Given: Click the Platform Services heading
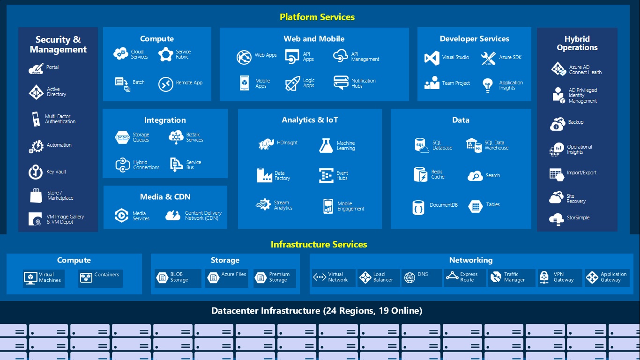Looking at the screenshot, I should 317,17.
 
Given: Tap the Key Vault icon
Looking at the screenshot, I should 36,172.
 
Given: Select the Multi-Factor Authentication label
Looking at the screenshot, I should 60,119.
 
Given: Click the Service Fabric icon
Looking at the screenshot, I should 166,55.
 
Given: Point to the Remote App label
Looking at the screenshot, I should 189,83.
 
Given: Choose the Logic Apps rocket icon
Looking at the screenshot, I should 292,83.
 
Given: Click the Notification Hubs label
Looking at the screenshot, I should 363,83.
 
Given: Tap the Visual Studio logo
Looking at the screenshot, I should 432,58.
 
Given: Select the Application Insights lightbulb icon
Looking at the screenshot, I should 488,85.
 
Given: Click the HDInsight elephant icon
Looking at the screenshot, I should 266,143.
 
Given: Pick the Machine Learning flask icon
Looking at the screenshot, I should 326,146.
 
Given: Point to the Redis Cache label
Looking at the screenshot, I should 438,174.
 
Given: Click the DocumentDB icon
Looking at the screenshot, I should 418,207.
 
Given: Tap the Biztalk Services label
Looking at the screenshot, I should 194,137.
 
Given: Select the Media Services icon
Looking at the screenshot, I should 121,216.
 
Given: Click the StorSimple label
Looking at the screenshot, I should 578,218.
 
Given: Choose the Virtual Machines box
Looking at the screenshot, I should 44,278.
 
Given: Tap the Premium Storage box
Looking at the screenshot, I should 274,278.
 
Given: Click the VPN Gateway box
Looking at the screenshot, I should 560,278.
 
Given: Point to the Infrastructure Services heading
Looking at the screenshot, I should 319,245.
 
